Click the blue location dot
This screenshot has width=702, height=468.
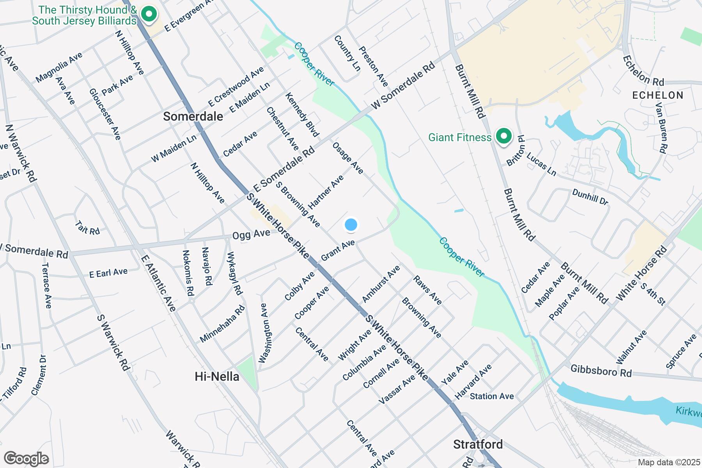pos(351,225)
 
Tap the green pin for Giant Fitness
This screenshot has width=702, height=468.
pos(503,137)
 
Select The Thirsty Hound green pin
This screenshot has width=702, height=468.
pos(148,15)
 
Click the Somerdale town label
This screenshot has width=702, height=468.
pos(193,116)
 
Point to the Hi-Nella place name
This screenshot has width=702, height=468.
pos(217,376)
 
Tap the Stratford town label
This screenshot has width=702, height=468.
pos(478,444)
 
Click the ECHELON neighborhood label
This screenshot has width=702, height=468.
pos(658,95)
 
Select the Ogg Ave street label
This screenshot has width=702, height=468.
pos(251,235)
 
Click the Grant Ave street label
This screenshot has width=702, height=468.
pos(338,251)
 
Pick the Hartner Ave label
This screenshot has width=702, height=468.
pos(326,192)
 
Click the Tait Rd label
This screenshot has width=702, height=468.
pos(87,228)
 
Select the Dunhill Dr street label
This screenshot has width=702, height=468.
pos(590,197)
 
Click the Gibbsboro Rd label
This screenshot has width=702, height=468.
pos(601,370)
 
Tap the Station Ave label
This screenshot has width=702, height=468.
pos(492,396)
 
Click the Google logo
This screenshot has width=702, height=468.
pos(26,459)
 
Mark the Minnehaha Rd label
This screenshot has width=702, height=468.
pos(222,324)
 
